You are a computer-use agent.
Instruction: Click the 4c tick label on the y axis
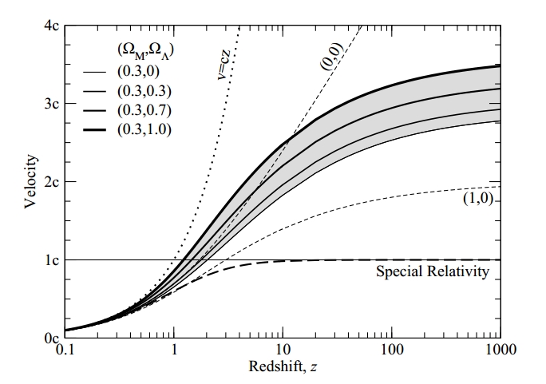coord(49,26)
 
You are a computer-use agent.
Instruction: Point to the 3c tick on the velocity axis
coord(49,105)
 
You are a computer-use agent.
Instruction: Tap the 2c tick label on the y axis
coord(49,182)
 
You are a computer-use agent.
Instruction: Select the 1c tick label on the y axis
coord(49,260)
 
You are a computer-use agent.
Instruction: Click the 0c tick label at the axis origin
coord(49,338)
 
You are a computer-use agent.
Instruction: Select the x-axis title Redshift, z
coord(282,369)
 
